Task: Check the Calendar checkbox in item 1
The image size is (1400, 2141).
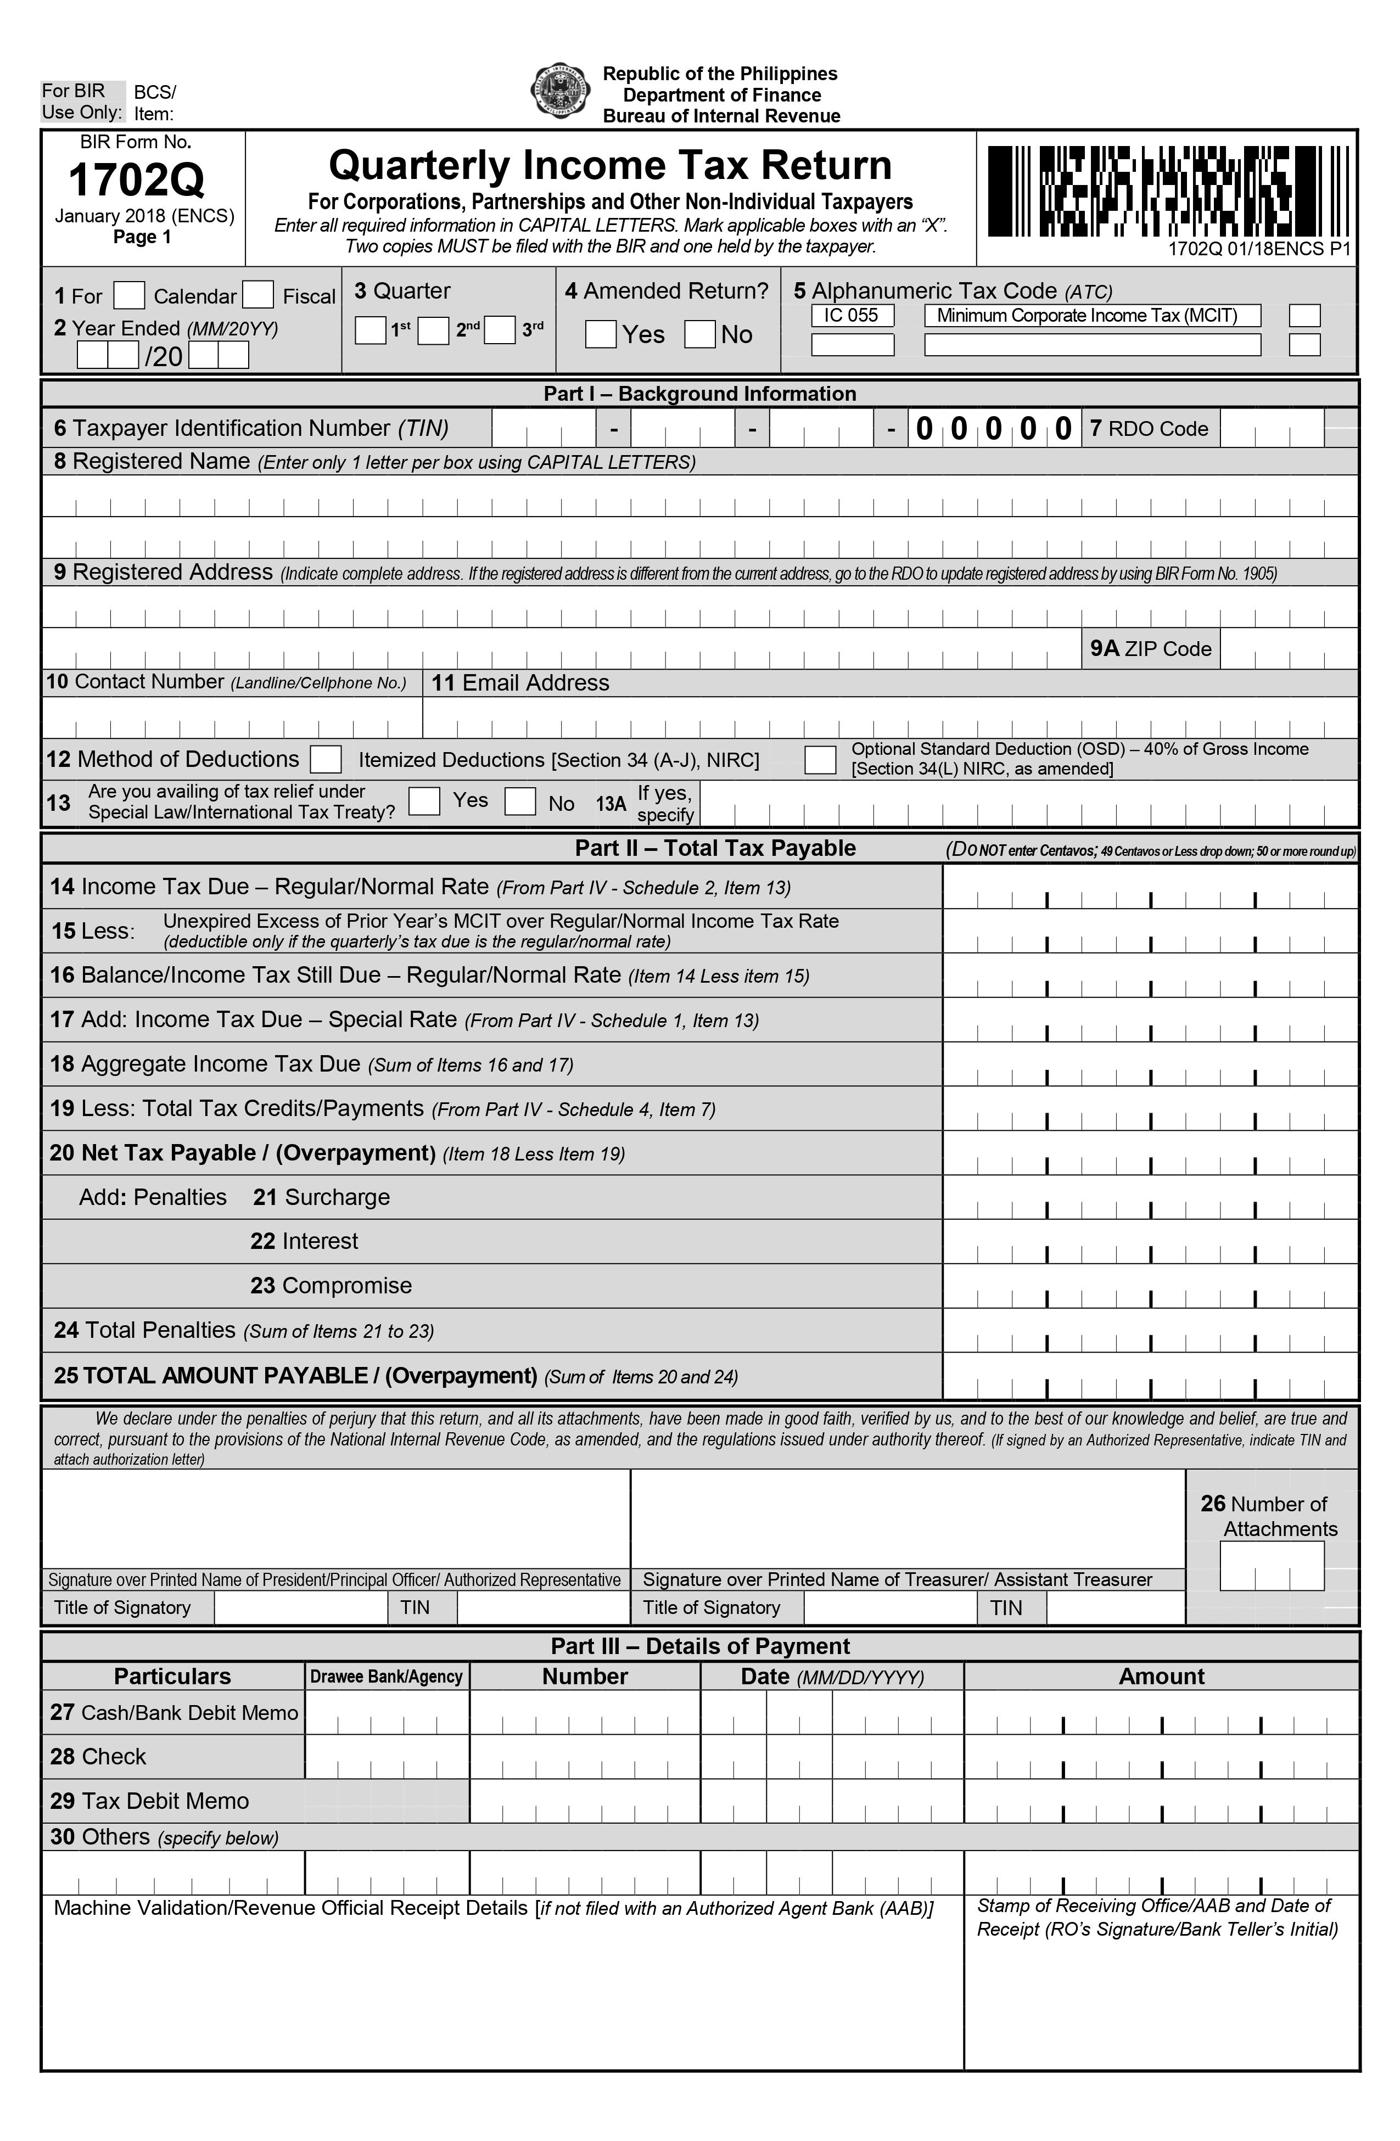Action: [130, 295]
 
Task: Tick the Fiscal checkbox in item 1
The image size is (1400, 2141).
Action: [258, 295]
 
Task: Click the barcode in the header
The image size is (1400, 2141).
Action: [1168, 192]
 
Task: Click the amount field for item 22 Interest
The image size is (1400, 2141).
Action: [1150, 1242]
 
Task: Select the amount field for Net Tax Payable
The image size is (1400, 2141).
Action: [1150, 1154]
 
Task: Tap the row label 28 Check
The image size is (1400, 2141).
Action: [98, 1757]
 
